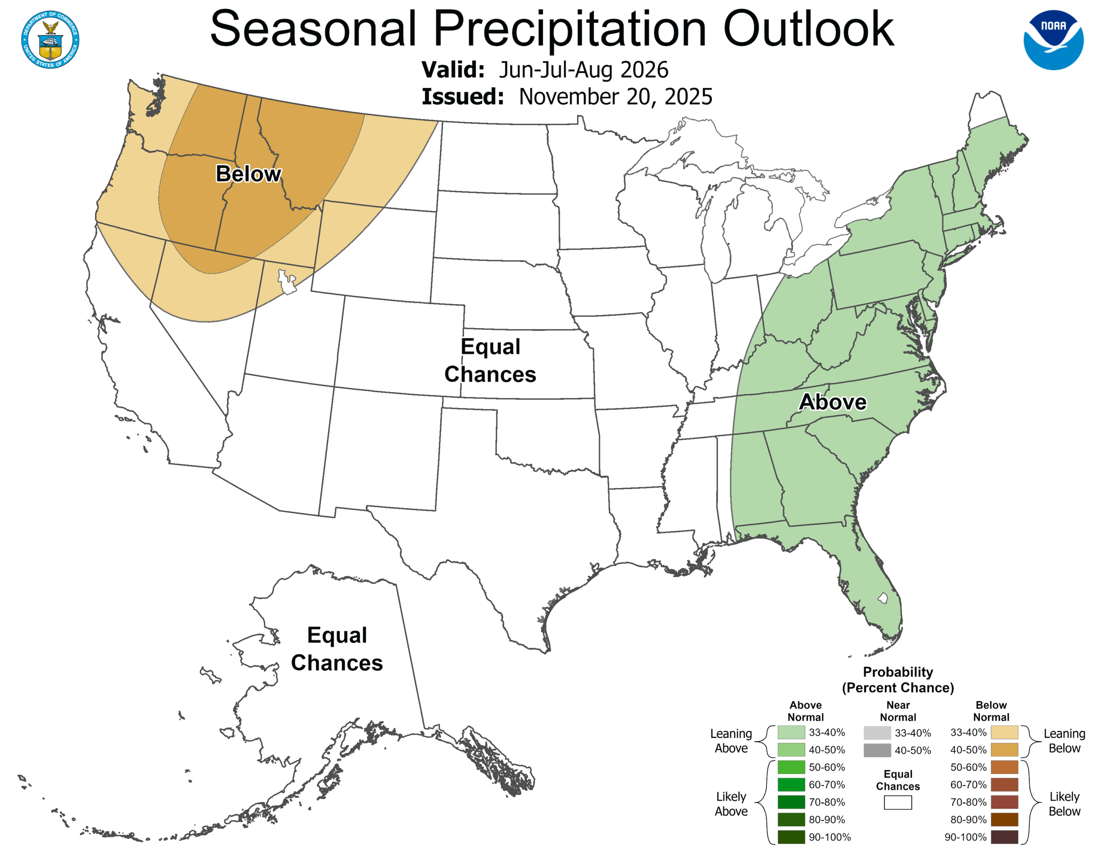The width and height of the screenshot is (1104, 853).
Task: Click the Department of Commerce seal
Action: coord(50,39)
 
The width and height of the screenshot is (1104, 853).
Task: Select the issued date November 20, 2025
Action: coord(615,97)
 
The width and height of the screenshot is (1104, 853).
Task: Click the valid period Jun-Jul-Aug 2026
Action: coord(583,70)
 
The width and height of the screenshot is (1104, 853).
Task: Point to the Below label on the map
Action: coord(248,173)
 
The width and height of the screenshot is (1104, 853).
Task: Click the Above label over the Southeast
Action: coord(833,402)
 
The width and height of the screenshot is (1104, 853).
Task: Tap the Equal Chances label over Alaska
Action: coord(337,649)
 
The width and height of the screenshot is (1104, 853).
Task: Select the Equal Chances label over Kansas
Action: coord(490,360)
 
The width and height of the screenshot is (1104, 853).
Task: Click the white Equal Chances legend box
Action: coord(898,803)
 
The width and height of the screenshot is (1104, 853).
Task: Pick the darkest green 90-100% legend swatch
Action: coord(790,837)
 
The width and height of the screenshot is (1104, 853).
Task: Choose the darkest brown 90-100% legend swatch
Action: coord(1004,837)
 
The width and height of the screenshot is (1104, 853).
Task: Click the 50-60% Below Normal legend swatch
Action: coord(1004,767)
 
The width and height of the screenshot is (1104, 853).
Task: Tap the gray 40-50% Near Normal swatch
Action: coord(877,750)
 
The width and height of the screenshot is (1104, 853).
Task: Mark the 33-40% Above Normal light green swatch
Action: coord(790,732)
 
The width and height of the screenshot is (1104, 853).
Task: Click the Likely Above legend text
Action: coord(731,803)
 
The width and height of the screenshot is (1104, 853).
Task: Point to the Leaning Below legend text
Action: coord(1064,740)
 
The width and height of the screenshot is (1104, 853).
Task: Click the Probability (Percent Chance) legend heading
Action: coord(898,680)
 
